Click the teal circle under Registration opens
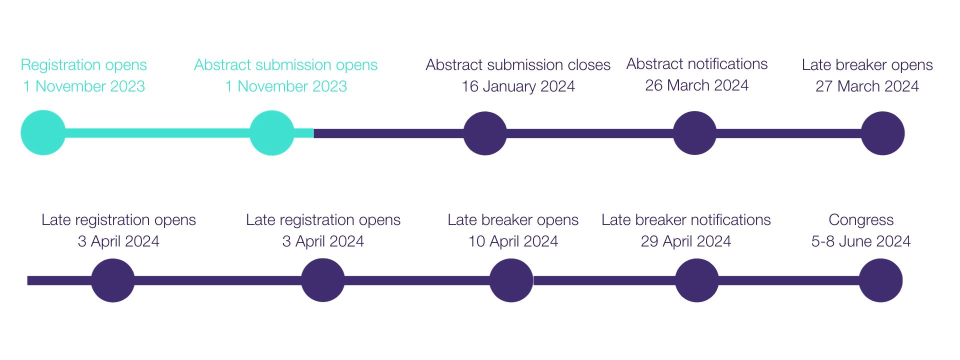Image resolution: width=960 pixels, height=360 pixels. (43, 132)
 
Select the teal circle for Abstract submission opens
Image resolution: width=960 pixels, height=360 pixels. (271, 132)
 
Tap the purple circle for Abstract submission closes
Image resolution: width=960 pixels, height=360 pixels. (485, 133)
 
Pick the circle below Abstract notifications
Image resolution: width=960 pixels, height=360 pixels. (694, 133)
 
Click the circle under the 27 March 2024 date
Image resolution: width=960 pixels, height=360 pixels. (882, 133)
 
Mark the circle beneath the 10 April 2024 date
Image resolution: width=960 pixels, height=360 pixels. (511, 280)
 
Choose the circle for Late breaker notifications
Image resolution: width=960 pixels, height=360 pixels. (697, 280)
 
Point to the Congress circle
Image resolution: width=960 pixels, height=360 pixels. (880, 280)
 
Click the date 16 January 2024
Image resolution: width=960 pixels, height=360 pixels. (518, 86)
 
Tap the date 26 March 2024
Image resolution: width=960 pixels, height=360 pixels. (696, 85)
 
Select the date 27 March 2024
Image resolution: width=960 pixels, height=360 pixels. (867, 86)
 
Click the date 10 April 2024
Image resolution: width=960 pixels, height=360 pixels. (513, 241)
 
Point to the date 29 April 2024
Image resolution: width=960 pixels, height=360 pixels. (686, 241)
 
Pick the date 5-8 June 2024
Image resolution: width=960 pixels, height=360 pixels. (861, 241)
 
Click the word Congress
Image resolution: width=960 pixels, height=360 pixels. (861, 220)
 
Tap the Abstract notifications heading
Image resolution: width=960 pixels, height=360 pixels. (697, 64)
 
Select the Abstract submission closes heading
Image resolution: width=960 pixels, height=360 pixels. (518, 65)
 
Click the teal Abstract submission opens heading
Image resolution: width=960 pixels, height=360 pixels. (286, 65)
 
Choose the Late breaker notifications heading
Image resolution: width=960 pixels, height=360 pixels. (686, 220)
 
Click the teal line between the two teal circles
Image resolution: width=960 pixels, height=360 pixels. (157, 133)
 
